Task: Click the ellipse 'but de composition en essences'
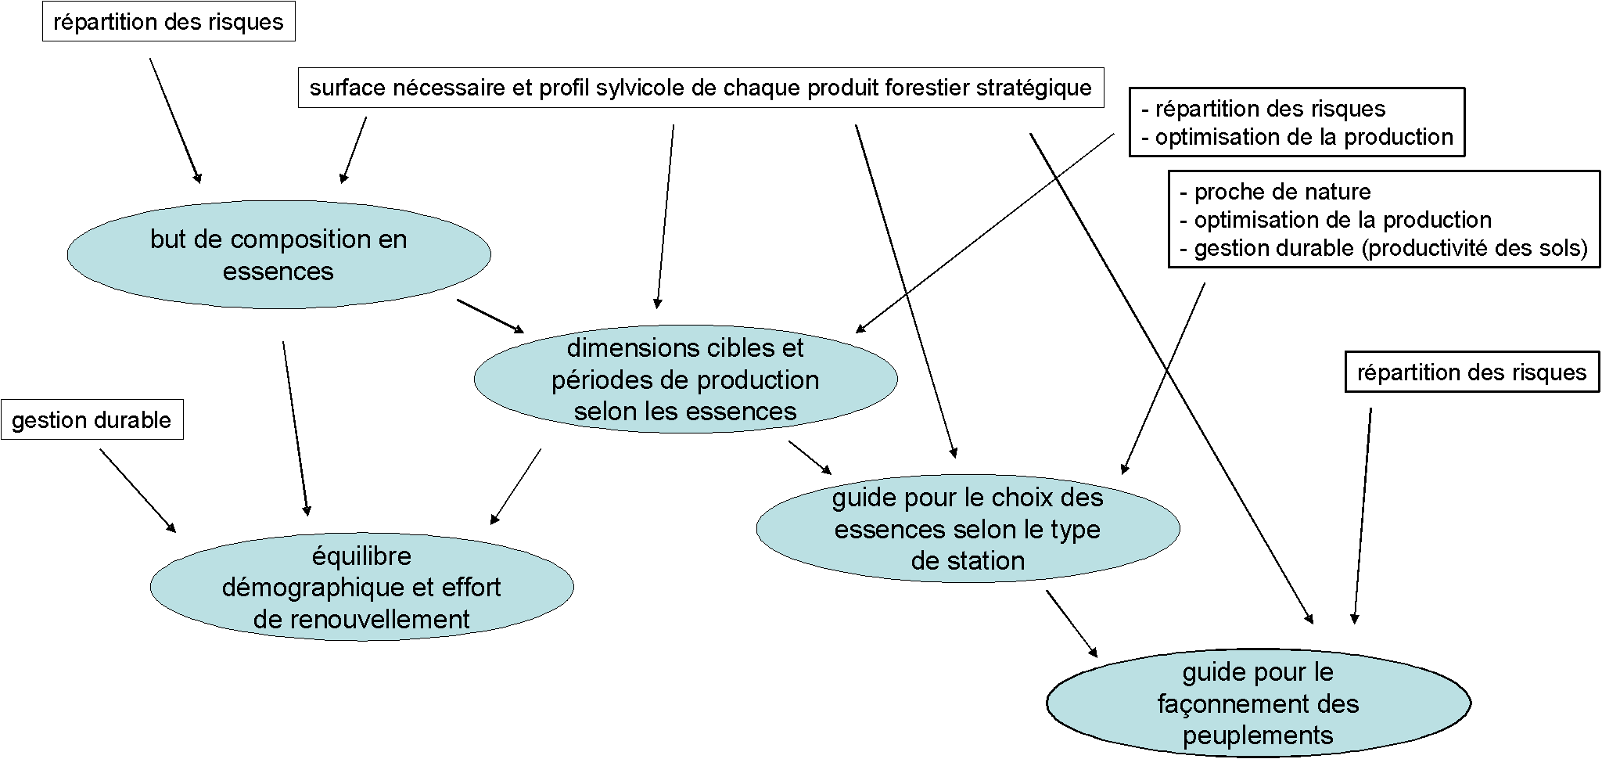pos(278,254)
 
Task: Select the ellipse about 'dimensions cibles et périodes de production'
pos(685,379)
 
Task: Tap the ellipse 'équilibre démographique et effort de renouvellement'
pos(361,587)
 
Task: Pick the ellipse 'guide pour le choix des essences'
pos(968,528)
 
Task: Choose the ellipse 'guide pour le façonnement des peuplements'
pos(1258,703)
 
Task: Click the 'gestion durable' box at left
pos(92,420)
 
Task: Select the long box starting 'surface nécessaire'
pos(701,88)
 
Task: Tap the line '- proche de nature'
pos(1276,192)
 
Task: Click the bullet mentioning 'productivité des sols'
pos(1384,248)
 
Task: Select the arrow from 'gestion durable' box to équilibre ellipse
pos(138,491)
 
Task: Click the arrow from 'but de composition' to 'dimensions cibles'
pos(490,316)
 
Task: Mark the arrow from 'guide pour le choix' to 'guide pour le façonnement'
pos(1072,624)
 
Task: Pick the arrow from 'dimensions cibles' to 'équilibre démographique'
pos(515,486)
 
